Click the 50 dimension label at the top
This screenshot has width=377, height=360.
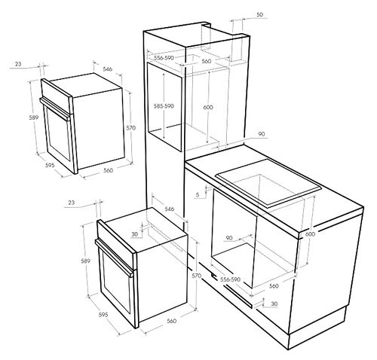click(259, 14)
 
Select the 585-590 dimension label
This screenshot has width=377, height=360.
click(164, 106)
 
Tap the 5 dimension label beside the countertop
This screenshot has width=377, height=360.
click(198, 194)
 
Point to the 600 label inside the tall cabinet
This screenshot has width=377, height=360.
click(208, 107)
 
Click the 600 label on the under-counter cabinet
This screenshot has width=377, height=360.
click(310, 234)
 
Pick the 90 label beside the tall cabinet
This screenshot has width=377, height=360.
click(262, 134)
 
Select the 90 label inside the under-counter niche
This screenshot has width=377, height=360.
click(229, 238)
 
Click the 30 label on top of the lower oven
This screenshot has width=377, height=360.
click(135, 234)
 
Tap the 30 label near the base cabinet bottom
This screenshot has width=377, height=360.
click(274, 304)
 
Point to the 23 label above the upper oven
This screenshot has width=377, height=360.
click(18, 64)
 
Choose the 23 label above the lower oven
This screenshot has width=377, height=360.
click(72, 203)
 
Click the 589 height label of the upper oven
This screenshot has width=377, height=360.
click(33, 117)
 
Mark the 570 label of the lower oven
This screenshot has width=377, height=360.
click(196, 276)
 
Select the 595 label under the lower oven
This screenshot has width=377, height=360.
click(103, 314)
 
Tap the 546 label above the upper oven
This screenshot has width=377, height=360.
click(107, 69)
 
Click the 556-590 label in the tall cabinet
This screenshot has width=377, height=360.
click(164, 58)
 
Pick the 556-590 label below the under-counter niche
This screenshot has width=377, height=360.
click(230, 279)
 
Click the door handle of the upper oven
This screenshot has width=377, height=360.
click(55, 109)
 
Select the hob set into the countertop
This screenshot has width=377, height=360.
click(268, 183)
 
